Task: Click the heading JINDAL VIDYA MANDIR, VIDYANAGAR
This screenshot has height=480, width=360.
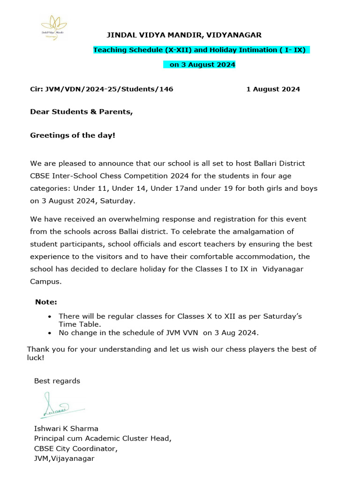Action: [x=185, y=35]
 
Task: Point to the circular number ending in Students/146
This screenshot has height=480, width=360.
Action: [x=102, y=89]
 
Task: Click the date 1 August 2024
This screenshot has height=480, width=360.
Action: [x=273, y=89]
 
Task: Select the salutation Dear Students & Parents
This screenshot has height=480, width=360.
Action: [x=82, y=112]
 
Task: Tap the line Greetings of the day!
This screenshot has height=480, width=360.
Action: [x=73, y=135]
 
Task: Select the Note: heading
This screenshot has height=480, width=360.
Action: [x=46, y=302]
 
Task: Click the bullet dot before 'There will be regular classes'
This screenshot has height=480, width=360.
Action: [x=50, y=317]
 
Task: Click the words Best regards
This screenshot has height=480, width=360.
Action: [x=57, y=381]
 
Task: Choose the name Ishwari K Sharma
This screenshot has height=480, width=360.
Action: [x=66, y=428]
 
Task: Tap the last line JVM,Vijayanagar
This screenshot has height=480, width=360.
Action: [x=64, y=458]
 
